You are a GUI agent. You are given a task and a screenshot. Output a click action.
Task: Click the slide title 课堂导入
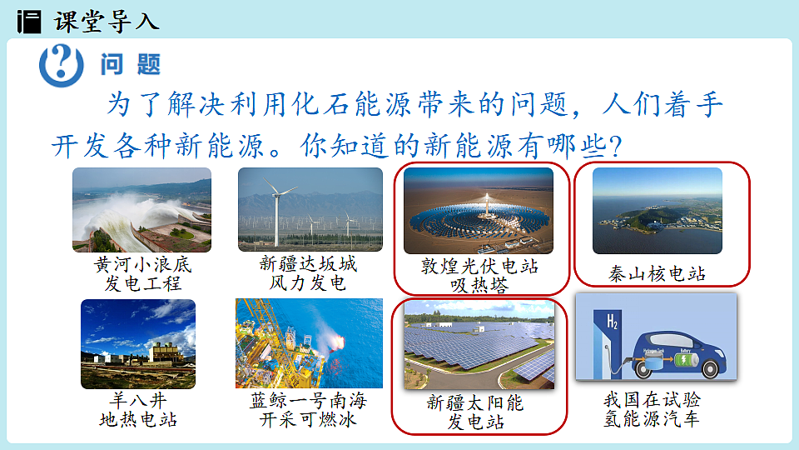point(106,20)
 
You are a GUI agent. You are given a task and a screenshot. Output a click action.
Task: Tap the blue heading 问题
point(130,63)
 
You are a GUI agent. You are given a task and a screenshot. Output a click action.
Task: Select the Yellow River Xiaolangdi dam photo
point(141,210)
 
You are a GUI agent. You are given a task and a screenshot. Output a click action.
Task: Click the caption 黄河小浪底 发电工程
point(142,274)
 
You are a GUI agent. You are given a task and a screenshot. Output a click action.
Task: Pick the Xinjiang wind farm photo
point(310,210)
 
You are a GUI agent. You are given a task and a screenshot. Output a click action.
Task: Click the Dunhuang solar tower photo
point(478,211)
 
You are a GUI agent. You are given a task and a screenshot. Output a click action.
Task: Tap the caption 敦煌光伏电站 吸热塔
point(479,276)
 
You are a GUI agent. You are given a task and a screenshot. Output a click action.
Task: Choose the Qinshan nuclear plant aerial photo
point(657,211)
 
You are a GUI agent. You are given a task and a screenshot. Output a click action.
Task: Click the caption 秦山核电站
point(657,274)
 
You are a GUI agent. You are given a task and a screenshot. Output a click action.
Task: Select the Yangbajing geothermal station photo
point(138,343)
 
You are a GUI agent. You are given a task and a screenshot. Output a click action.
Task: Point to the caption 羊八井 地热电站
point(138,410)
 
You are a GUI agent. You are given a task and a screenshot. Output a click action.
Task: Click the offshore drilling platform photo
point(309,343)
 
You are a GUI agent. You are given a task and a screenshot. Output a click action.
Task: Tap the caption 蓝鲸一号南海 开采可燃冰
point(308,410)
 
